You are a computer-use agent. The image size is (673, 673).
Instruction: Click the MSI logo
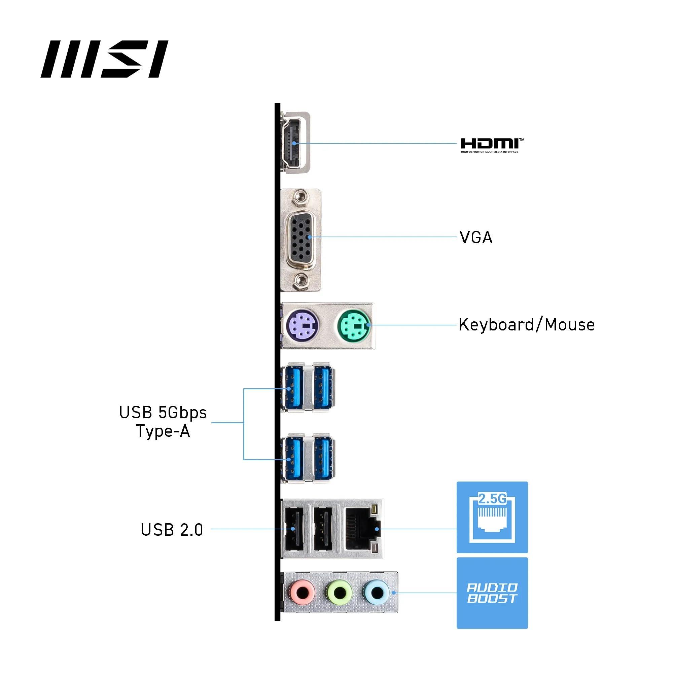[x=104, y=59]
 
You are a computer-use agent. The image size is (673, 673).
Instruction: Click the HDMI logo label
[x=492, y=145]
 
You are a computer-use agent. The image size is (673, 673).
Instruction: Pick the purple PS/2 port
[x=302, y=326]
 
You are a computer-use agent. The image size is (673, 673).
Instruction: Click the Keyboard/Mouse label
[x=526, y=325]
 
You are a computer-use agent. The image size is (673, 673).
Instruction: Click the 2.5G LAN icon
[x=492, y=517]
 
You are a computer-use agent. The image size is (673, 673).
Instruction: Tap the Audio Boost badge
[x=492, y=593]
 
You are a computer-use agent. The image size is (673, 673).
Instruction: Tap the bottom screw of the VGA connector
[x=300, y=280]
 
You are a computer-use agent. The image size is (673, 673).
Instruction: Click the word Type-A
[x=163, y=431]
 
